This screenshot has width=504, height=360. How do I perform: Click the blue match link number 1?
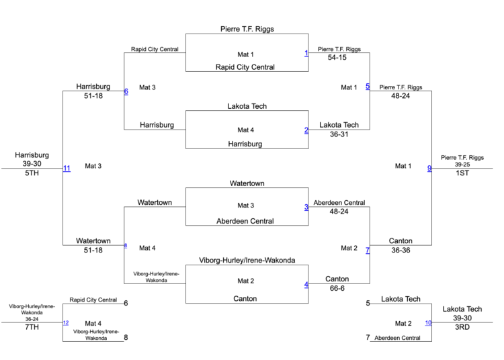306,53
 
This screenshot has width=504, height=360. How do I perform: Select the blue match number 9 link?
429,168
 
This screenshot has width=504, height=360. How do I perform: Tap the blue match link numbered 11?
67,168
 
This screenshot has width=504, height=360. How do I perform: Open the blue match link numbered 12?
66,323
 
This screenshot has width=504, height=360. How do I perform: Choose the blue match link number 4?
306,284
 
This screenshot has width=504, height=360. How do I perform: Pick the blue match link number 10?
428,323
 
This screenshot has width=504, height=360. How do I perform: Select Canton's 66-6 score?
337,289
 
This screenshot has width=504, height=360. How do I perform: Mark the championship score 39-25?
462,165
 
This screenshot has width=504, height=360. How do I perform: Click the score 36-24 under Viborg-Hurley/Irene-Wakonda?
28,319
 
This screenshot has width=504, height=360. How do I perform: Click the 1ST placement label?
462,173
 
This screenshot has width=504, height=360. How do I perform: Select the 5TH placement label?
32,173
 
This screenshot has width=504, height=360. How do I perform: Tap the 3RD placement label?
462,328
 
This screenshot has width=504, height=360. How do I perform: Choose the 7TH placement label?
32,328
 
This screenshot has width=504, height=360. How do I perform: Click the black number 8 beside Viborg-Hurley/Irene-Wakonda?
126,338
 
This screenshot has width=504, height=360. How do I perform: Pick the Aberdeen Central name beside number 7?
398,338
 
